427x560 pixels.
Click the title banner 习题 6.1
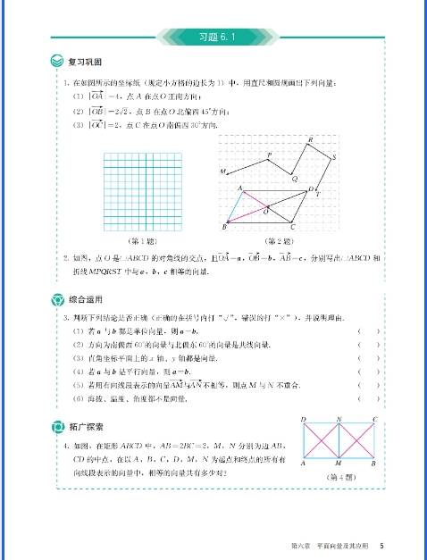pyautogui.click(x=213, y=37)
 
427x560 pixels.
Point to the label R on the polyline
pyautogui.click(x=309, y=140)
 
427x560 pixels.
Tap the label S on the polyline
pyautogui.click(x=334, y=158)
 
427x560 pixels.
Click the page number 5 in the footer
pyautogui.click(x=381, y=545)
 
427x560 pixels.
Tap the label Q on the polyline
pyautogui.click(x=295, y=179)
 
